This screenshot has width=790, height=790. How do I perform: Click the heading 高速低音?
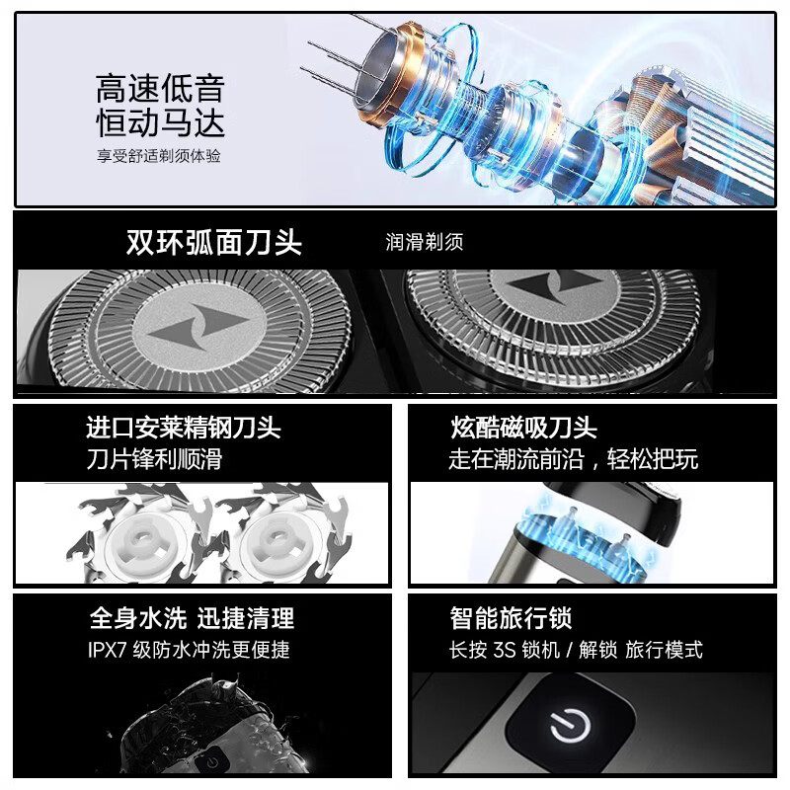(x=160, y=88)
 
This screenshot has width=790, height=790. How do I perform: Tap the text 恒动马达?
(x=160, y=123)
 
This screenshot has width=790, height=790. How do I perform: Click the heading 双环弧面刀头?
(x=214, y=242)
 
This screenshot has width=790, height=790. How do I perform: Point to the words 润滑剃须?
(x=424, y=243)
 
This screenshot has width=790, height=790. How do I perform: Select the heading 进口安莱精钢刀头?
(x=184, y=428)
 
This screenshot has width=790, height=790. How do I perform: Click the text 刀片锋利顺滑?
(x=154, y=459)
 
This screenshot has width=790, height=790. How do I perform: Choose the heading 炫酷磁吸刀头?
(x=522, y=428)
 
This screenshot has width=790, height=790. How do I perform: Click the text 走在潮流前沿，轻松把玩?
(x=573, y=459)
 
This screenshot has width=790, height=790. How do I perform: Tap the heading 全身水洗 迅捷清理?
(x=192, y=618)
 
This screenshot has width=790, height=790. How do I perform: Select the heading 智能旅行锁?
(x=511, y=618)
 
